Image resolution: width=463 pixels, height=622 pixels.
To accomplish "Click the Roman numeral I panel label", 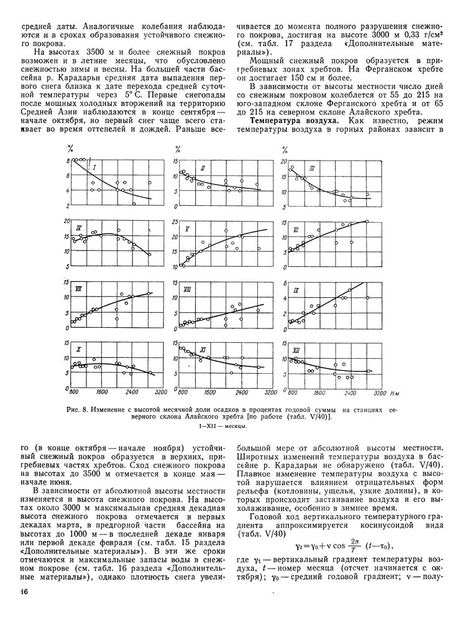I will pyautogui.click(x=93, y=168).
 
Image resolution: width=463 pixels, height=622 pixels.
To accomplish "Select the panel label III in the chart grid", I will pyautogui.click(x=311, y=169).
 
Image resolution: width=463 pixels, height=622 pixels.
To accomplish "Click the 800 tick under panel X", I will pyautogui.click(x=73, y=393).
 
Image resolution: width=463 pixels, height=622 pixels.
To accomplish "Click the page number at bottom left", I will pyautogui.click(x=24, y=592).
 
